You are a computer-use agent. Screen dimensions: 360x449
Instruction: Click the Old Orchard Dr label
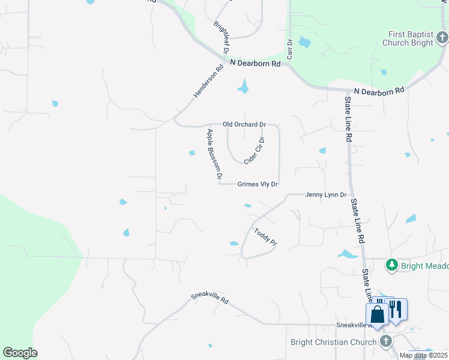point(244,125)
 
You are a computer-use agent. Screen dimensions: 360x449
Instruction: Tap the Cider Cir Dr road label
point(255,150)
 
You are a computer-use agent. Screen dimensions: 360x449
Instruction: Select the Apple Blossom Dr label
point(214,155)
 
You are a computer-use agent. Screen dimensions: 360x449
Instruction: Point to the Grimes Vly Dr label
point(258,185)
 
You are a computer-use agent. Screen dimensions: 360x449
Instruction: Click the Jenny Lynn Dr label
point(326,195)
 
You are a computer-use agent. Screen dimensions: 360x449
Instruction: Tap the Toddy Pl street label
point(265,237)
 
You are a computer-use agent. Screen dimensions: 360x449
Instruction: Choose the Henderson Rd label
point(208,82)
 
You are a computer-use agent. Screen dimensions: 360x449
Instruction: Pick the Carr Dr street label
point(289,49)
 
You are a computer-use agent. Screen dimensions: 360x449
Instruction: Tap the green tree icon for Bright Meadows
point(392,265)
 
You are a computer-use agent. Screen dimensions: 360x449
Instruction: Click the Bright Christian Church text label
point(333,343)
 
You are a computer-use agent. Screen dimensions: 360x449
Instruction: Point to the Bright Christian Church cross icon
point(386,341)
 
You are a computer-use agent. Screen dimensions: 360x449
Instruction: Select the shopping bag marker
point(377,314)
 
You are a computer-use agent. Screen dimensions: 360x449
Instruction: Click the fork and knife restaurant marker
point(396,309)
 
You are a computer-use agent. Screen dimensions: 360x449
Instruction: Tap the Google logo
point(20,353)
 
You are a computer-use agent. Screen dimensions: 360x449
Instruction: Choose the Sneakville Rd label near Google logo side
point(210,298)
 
